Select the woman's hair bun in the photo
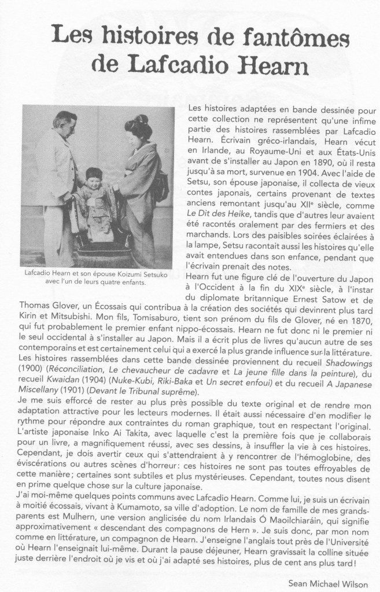pyautogui.click(x=138, y=123)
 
